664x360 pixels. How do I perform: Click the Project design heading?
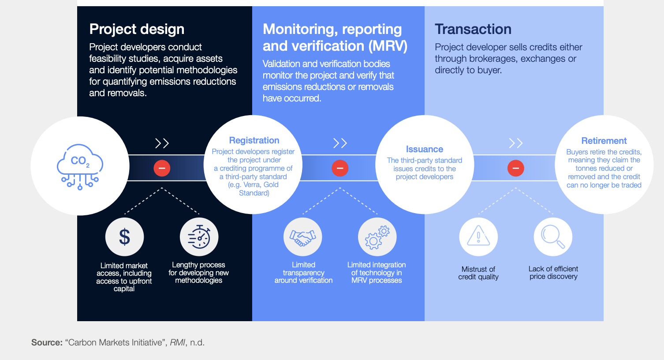[x=137, y=29]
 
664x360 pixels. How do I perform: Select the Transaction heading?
[x=473, y=29]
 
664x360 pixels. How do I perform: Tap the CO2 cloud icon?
[x=80, y=166]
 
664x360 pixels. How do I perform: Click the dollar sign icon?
[x=125, y=237]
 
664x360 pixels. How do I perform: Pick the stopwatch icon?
[x=199, y=237]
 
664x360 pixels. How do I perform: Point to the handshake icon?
[x=302, y=237]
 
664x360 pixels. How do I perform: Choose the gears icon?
[x=377, y=237]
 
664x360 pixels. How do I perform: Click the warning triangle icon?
[x=478, y=236]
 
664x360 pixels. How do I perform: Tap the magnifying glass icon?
[x=553, y=236]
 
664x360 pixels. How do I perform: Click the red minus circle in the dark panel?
[x=162, y=168]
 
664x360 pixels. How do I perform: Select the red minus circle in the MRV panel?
[x=340, y=168]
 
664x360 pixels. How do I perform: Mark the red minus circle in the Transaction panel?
[x=515, y=168]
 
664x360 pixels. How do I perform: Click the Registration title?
[x=254, y=140]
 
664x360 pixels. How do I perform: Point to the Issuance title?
[x=425, y=149]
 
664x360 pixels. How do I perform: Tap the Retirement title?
[x=604, y=141]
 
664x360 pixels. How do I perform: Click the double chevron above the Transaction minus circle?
[x=515, y=143]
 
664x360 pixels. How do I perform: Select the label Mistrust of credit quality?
[x=478, y=273]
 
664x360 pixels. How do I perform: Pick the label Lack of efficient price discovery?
[x=553, y=273]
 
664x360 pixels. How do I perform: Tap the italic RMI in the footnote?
[x=177, y=342]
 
